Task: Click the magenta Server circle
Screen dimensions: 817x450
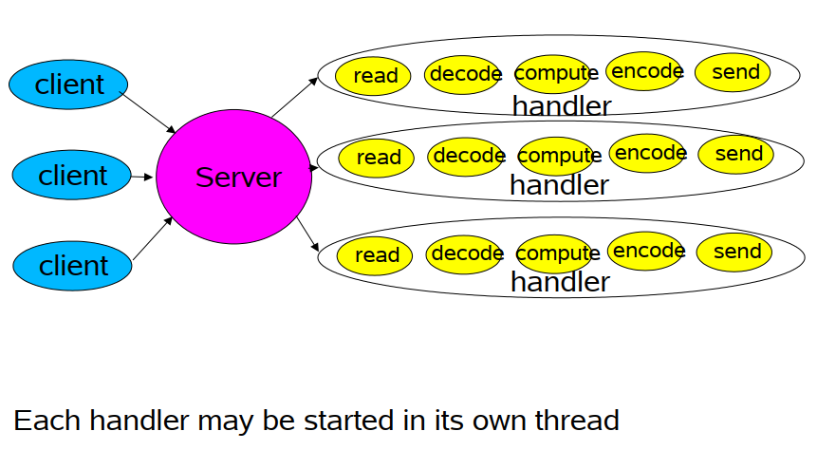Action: [x=234, y=177]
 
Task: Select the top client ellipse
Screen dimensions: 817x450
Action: [x=68, y=84]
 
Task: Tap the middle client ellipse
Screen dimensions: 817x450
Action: [x=71, y=176]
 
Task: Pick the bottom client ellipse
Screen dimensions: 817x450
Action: [x=72, y=266]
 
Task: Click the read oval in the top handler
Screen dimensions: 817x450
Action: [x=373, y=76]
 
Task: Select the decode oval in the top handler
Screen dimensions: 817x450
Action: [x=462, y=75]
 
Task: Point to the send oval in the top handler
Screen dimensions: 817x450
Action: [x=733, y=72]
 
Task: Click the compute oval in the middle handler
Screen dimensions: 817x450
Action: [x=556, y=156]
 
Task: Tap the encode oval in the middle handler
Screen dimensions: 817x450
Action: [x=647, y=153]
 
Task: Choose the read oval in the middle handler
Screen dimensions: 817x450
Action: [x=376, y=158]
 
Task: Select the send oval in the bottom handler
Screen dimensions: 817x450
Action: [x=734, y=253]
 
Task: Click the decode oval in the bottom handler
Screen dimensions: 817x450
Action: [x=464, y=254]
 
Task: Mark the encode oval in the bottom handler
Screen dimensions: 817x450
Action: [x=645, y=251]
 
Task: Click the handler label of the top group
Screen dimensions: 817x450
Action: [x=562, y=105]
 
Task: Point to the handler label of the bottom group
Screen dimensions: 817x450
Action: [x=560, y=282]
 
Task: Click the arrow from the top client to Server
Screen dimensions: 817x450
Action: [x=147, y=112]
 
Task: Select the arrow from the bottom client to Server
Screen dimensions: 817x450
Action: [x=153, y=238]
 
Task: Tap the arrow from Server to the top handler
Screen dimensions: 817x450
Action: [x=295, y=97]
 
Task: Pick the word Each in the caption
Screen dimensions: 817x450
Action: [x=46, y=421]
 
